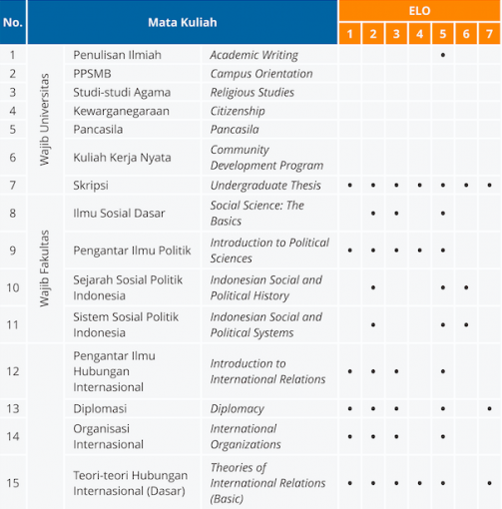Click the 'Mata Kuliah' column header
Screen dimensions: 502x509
[182, 22]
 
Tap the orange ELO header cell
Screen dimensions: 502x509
[419, 11]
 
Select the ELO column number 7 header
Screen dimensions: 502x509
[489, 35]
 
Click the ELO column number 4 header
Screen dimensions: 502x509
[419, 35]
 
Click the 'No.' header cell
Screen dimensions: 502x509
[13, 22]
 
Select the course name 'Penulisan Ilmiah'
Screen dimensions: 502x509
[117, 55]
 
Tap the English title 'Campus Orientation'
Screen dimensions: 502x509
[260, 74]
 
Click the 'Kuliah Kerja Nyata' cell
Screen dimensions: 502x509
[122, 157]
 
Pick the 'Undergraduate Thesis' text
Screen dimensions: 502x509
[265, 186]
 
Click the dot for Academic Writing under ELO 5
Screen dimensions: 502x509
[442, 55]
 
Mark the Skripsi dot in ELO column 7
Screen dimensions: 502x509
[489, 186]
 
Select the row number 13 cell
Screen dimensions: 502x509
[13, 408]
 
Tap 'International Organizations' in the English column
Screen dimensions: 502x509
[246, 436]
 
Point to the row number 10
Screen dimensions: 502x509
[13, 287]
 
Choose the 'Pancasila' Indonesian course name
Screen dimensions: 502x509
[101, 130]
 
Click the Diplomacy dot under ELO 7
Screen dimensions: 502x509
[489, 408]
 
